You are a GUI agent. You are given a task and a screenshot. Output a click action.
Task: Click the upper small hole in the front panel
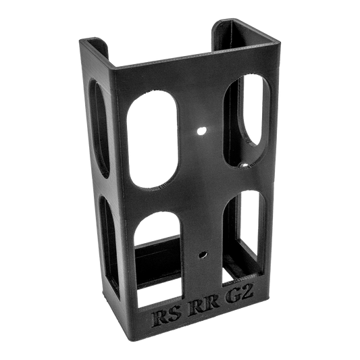[x=201, y=131]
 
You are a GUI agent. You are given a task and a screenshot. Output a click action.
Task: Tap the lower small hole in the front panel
[x=203, y=255]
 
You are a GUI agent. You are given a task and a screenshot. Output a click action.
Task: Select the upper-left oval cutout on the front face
[x=152, y=140]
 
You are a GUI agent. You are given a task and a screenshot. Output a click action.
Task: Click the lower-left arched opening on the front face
[x=159, y=259]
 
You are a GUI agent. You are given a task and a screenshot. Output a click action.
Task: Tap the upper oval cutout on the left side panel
[x=99, y=128]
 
